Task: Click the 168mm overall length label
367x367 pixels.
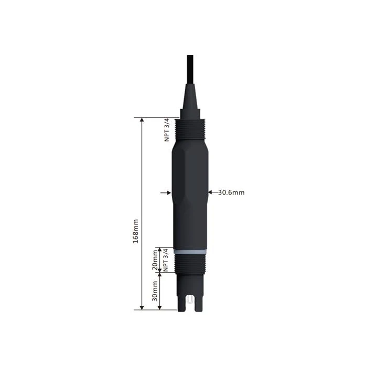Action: coord(136,231)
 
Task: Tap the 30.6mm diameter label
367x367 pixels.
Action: coord(231,192)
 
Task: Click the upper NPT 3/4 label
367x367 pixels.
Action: coord(167,130)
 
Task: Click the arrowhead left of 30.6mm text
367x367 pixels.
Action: coord(210,192)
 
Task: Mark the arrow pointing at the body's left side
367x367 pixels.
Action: coord(168,192)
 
